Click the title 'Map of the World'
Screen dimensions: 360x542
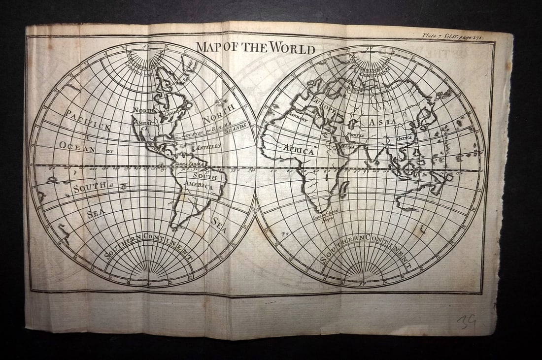256,49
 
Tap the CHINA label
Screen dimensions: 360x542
405,138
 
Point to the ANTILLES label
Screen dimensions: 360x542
209,147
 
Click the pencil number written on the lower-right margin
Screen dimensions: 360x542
466,322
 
